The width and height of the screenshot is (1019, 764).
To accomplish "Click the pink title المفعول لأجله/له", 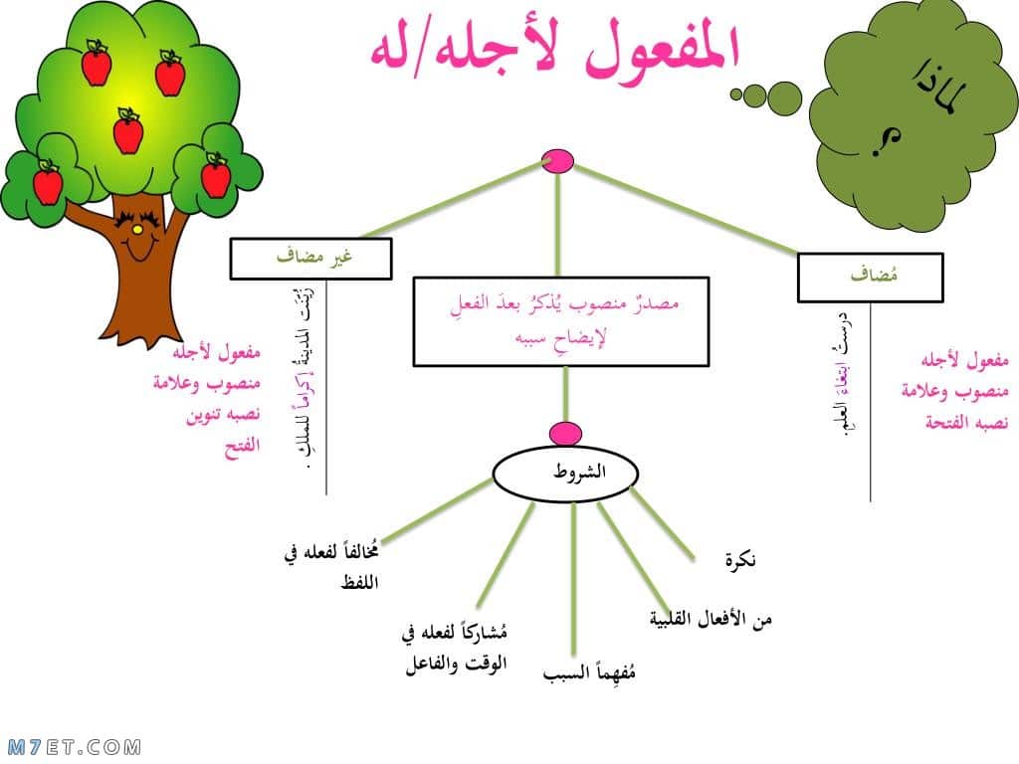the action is pyautogui.click(x=555, y=52).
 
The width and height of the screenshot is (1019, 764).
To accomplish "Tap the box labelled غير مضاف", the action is pyautogui.click(x=311, y=259).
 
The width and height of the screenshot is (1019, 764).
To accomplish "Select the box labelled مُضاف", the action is pyautogui.click(x=870, y=278).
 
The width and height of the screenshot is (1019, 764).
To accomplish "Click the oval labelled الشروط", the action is pyautogui.click(x=565, y=475).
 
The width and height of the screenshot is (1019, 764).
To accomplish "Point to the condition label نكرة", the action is pyautogui.click(x=740, y=559).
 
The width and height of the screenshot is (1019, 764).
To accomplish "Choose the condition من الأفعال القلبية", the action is pyautogui.click(x=711, y=618).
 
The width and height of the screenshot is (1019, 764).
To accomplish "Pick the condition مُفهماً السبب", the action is pyautogui.click(x=589, y=671).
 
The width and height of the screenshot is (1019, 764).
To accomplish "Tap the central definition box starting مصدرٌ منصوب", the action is pyautogui.click(x=561, y=321).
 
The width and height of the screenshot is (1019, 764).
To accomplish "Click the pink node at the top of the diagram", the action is pyautogui.click(x=557, y=162).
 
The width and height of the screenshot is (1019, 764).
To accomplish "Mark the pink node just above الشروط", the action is pyautogui.click(x=565, y=434).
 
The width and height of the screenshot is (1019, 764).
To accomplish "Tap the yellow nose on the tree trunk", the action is pyautogui.click(x=137, y=230).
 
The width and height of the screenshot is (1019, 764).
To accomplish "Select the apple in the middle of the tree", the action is pyautogui.click(x=128, y=130).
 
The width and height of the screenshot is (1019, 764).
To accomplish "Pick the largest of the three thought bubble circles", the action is pyautogui.click(x=784, y=98).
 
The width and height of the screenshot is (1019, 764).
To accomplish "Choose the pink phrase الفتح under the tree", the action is pyautogui.click(x=242, y=447).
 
